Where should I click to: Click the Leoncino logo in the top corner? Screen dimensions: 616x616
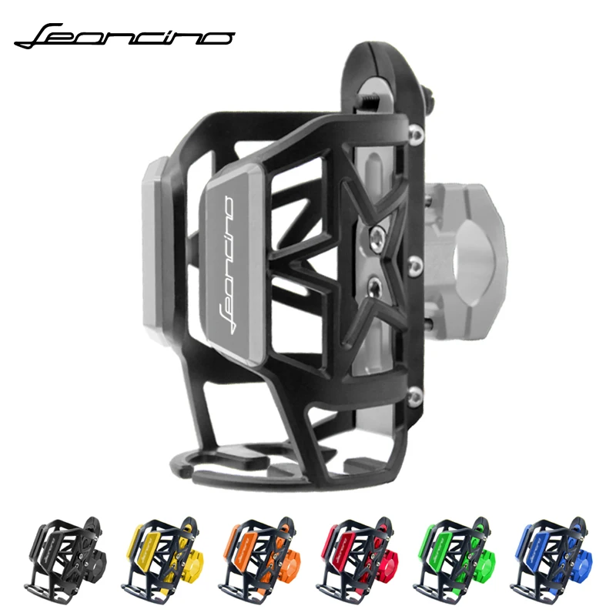(x=123, y=35)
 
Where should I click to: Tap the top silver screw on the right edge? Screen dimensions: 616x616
(x=417, y=136)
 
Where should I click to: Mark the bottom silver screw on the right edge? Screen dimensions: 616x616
(x=417, y=395)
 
